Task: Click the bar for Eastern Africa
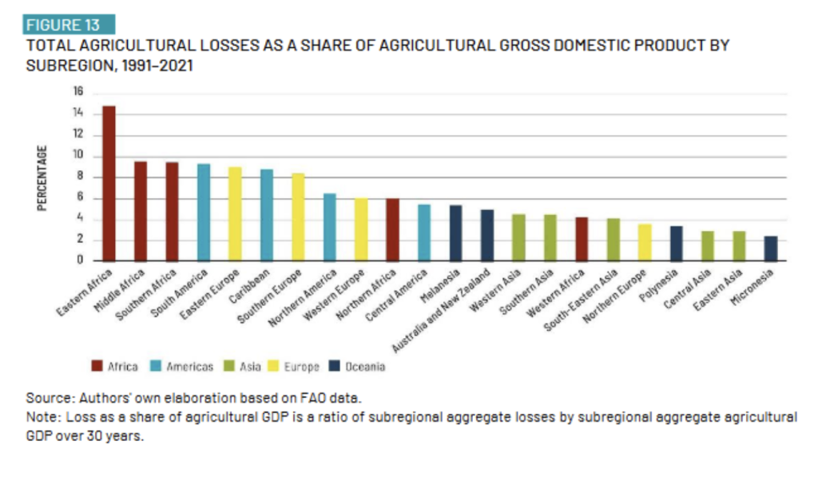[x=109, y=183]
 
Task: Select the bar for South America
[x=204, y=212]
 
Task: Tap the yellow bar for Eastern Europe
[x=235, y=213]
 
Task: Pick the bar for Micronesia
[x=770, y=248]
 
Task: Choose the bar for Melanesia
[x=455, y=233]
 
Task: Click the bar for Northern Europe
[x=645, y=242]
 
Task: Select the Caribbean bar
[x=267, y=214]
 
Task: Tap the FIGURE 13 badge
[x=69, y=25]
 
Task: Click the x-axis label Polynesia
[x=662, y=284]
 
